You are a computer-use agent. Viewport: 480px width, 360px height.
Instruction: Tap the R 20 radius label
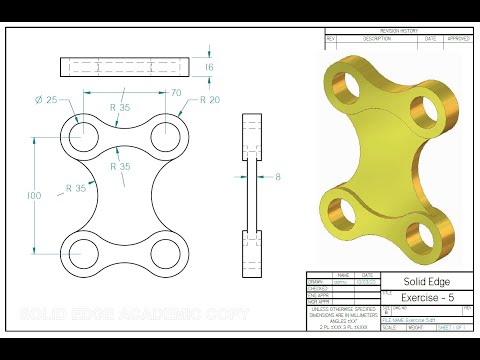tap(210, 100)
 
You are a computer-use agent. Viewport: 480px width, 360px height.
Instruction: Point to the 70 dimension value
tap(176, 93)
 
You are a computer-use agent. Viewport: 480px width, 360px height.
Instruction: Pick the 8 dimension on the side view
tap(279, 176)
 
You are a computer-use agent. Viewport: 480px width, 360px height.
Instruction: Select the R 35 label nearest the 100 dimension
tap(76, 187)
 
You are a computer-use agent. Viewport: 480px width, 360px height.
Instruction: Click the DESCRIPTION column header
tap(377, 39)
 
